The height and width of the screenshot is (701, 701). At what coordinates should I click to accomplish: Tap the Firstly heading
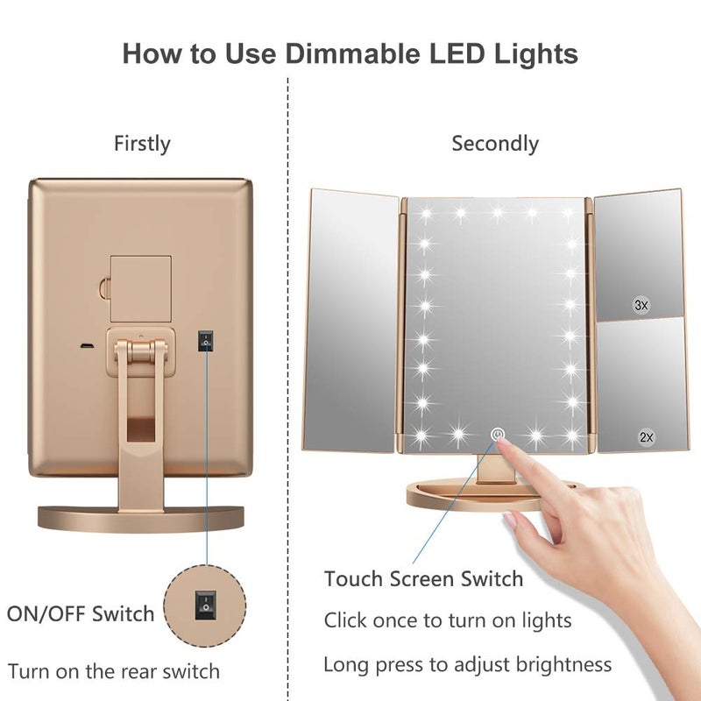click(x=142, y=144)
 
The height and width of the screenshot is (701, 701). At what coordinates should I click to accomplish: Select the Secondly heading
click(x=495, y=144)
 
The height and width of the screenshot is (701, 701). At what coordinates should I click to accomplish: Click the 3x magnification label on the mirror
click(x=641, y=305)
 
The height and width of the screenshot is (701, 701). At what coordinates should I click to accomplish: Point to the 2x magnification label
click(x=648, y=435)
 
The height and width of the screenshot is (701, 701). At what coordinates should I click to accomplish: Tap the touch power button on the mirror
click(x=499, y=434)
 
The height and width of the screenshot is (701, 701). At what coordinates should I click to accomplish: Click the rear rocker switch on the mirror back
click(x=205, y=338)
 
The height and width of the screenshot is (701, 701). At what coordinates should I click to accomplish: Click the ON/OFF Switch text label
click(x=81, y=613)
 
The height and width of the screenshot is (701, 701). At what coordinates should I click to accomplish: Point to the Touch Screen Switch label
click(x=423, y=578)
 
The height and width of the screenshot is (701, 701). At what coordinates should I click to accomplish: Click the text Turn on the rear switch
click(x=114, y=671)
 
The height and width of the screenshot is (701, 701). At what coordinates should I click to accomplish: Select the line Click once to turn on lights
click(x=448, y=620)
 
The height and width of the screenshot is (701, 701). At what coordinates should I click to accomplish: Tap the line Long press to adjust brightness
click(x=467, y=664)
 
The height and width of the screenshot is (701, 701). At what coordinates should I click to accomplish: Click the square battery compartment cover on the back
click(x=140, y=288)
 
